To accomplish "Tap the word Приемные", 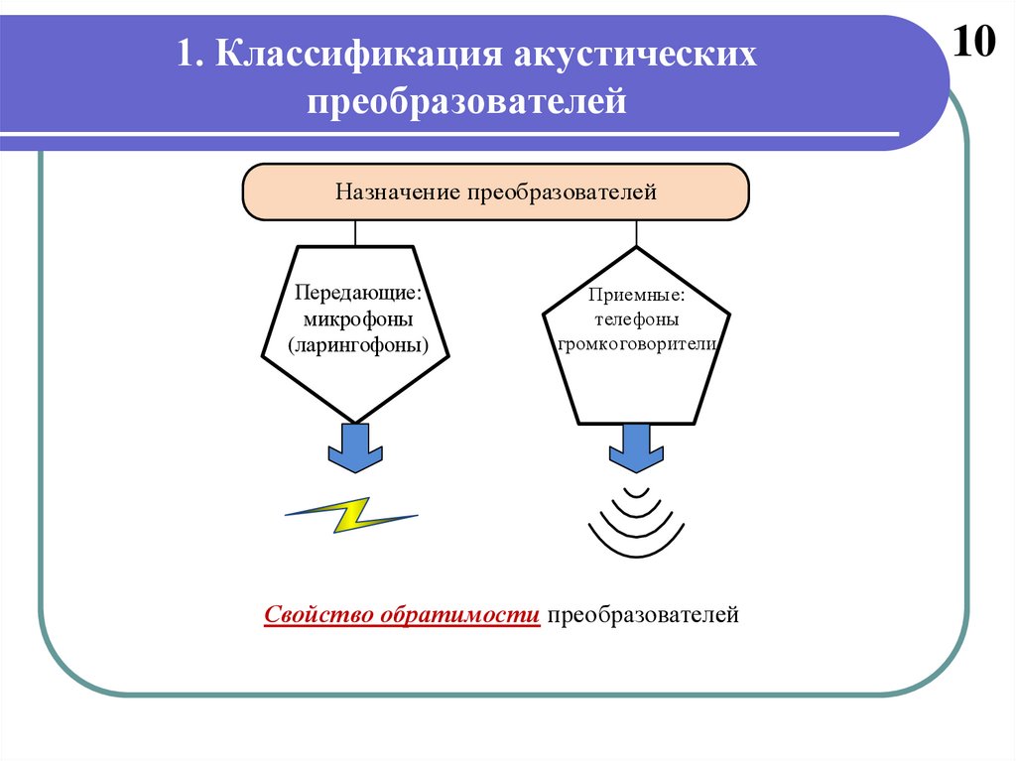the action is [x=636, y=295].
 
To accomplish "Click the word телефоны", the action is [x=636, y=319].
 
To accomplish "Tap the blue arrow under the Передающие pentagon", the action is [x=355, y=447].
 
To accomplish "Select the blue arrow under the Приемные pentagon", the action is [x=636, y=447].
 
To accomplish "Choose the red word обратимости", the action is [x=458, y=615].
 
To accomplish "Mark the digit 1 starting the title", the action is [x=185, y=56].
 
